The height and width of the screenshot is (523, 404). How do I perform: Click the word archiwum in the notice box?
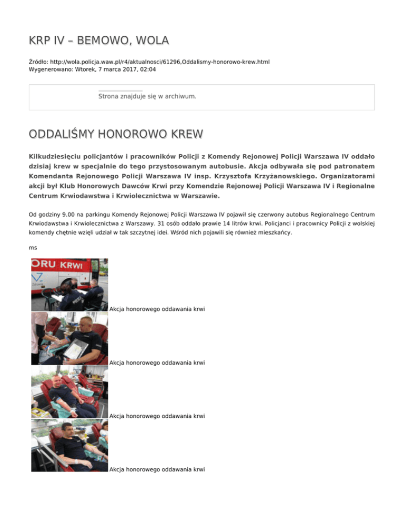tap(180, 96)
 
